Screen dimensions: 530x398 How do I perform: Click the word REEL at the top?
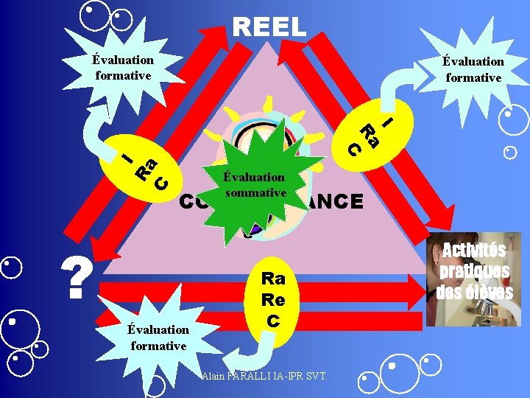click(269, 27)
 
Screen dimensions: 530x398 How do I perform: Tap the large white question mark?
click(77, 277)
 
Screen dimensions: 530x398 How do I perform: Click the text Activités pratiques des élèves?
click(474, 270)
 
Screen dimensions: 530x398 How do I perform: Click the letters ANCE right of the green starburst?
click(335, 201)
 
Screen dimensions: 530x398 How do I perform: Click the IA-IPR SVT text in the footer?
click(303, 377)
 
